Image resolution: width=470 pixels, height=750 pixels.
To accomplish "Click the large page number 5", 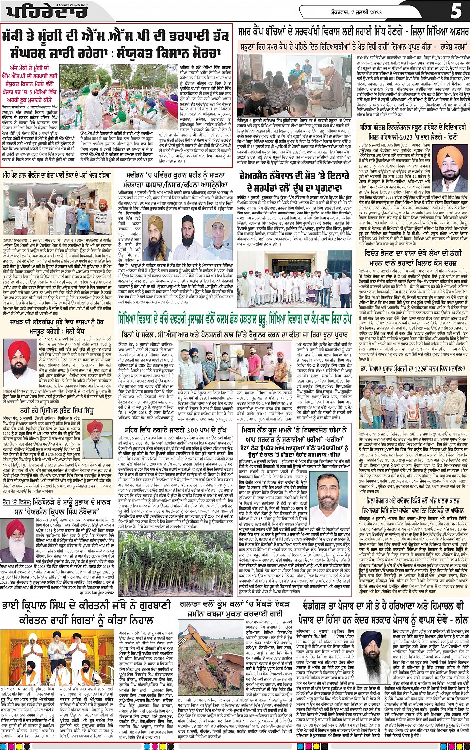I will click(x=456, y=11).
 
